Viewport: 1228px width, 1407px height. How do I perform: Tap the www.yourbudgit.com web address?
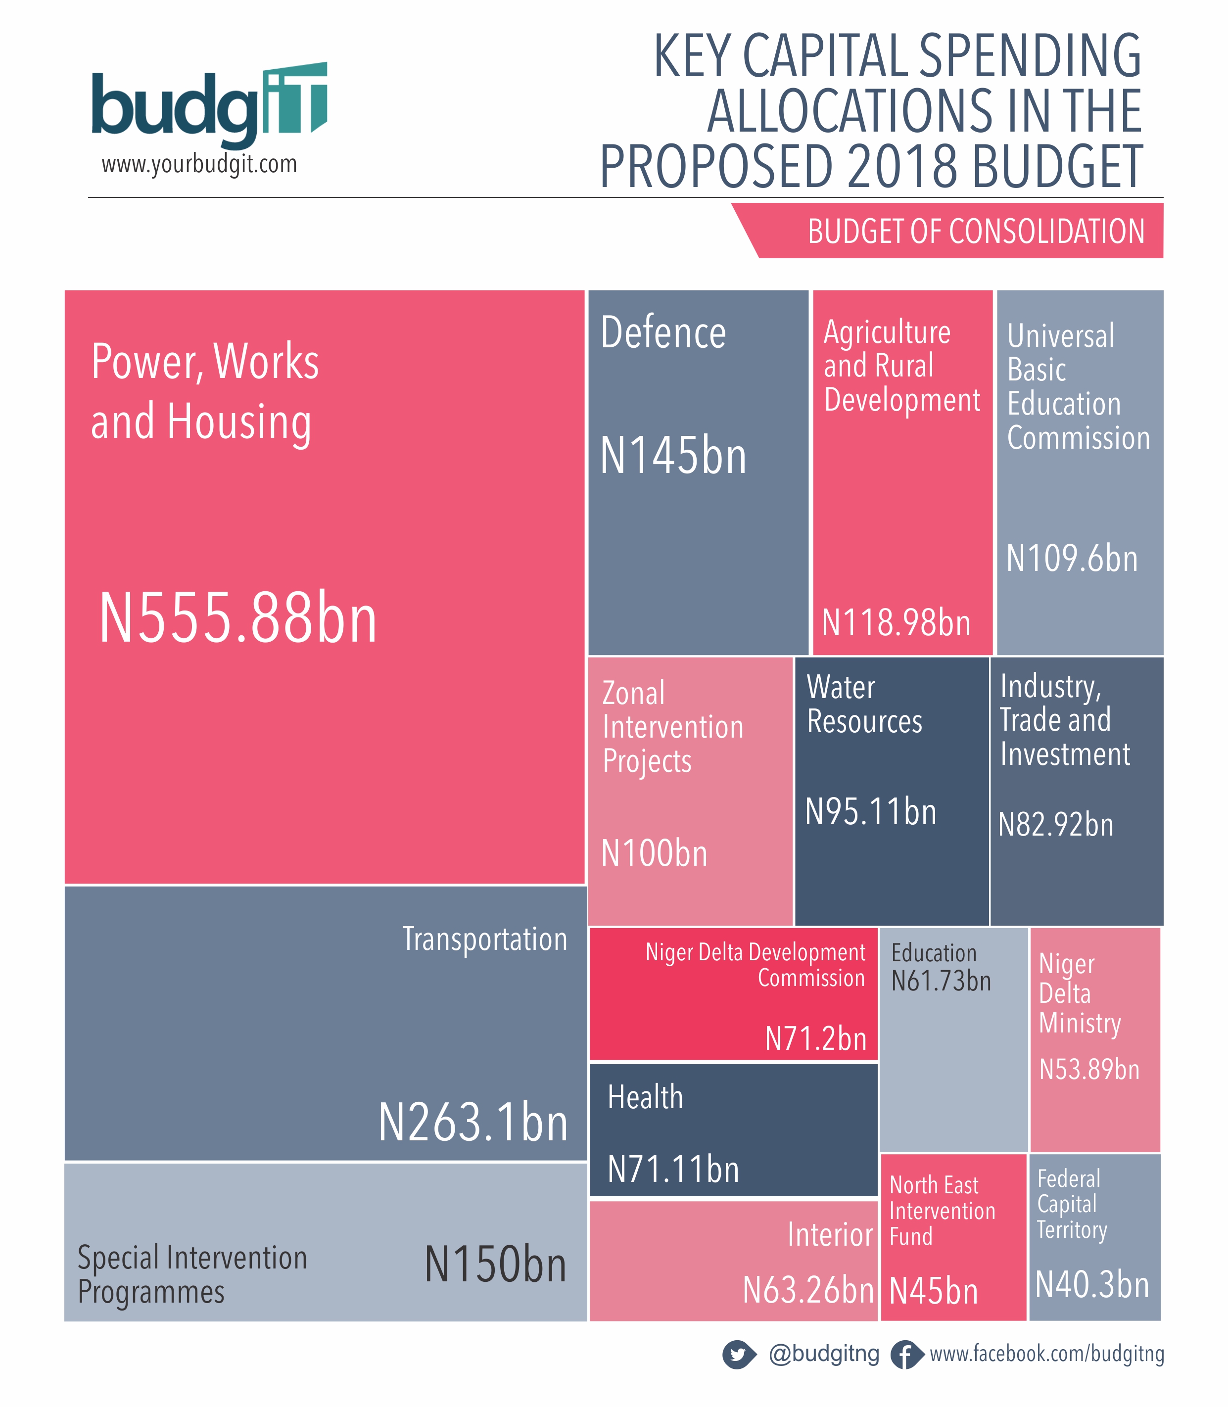pyautogui.click(x=199, y=164)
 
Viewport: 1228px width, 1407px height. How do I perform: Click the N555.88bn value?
pyautogui.click(x=238, y=618)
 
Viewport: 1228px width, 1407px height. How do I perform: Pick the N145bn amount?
pyautogui.click(x=673, y=456)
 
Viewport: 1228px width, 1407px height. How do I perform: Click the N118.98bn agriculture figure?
pyautogui.click(x=896, y=623)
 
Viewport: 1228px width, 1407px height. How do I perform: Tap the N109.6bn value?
pyautogui.click(x=1072, y=559)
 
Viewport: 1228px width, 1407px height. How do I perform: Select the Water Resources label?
pyautogui.click(x=864, y=704)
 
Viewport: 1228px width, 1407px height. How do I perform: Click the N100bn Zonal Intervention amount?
pyautogui.click(x=654, y=854)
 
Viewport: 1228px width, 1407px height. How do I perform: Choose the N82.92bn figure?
pyautogui.click(x=1055, y=825)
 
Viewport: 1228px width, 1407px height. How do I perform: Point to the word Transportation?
pyautogui.click(x=484, y=939)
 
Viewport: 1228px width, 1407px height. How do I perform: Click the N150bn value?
pyautogui.click(x=495, y=1265)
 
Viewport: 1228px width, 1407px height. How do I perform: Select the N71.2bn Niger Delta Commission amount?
pyautogui.click(x=815, y=1039)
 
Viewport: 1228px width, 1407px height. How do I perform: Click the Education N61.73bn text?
pyautogui.click(x=941, y=968)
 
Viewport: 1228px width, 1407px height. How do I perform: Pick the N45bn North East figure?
pyautogui.click(x=933, y=1291)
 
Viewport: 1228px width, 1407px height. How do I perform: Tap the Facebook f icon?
pyautogui.click(x=905, y=1355)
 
